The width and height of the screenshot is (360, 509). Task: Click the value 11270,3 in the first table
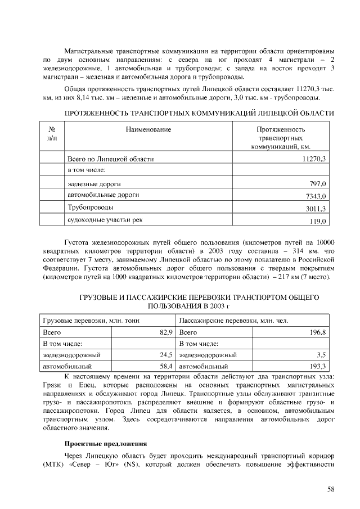coord(314,159)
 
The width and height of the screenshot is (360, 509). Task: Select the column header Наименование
coord(148,129)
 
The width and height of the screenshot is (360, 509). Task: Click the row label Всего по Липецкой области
coord(110,159)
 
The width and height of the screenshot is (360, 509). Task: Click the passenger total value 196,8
coord(318,332)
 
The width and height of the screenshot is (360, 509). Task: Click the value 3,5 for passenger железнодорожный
coord(321,355)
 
